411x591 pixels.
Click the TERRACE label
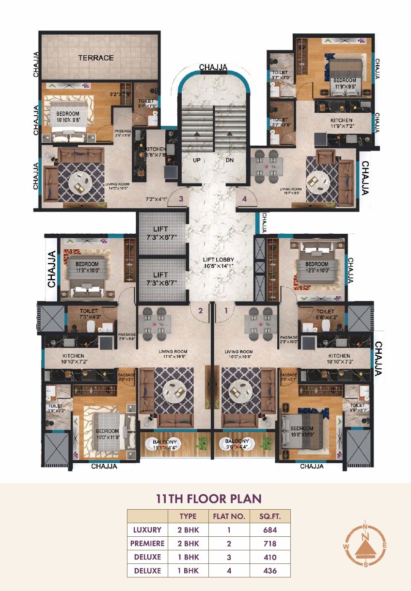(96, 58)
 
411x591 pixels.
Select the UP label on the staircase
(196, 160)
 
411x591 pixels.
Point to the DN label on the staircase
(230, 160)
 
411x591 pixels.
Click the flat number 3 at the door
(180, 198)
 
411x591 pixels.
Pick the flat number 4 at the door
(244, 198)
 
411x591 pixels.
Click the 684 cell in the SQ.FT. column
(270, 530)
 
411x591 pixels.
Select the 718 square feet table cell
(270, 543)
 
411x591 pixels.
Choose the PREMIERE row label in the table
(147, 543)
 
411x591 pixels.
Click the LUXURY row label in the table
(147, 530)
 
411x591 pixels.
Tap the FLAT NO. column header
(229, 516)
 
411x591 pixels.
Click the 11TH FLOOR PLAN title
(208, 499)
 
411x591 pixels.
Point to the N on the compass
(367, 528)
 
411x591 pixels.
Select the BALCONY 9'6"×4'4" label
(237, 444)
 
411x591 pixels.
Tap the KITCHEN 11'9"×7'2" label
(341, 123)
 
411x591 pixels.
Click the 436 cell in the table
(270, 570)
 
